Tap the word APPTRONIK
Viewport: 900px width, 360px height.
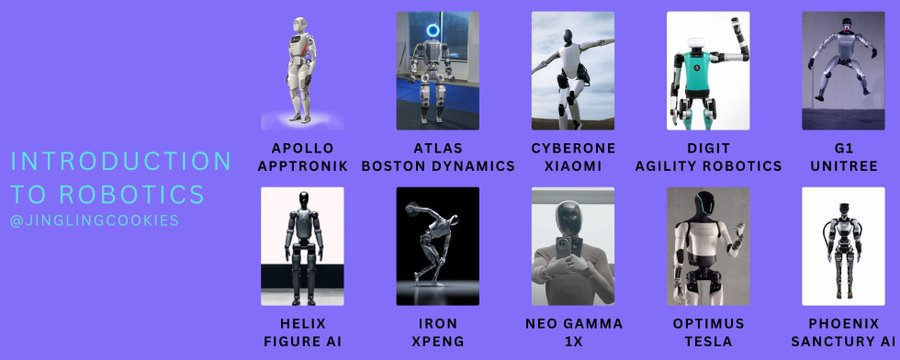point(303,165)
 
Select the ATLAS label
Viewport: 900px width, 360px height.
point(437,147)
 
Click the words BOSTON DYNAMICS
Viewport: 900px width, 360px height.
point(437,165)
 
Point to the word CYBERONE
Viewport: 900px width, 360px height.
point(573,147)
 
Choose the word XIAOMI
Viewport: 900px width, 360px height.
point(573,165)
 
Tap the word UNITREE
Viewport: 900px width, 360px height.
point(843,165)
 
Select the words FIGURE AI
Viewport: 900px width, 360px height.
point(303,340)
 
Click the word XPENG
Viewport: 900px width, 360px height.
point(437,340)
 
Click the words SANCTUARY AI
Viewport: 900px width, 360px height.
point(843,340)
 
